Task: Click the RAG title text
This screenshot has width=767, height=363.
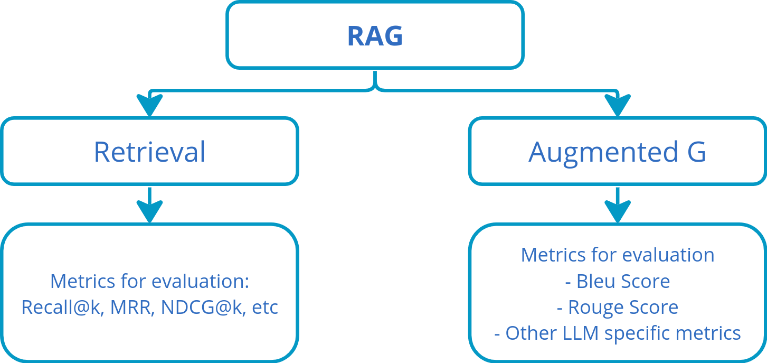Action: pos(375,36)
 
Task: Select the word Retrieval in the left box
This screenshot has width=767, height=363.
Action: pos(149,152)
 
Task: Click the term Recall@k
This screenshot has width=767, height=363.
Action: pos(59,307)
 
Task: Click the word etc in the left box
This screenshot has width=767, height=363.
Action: pos(265,307)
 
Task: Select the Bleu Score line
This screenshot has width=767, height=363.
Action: pos(617,281)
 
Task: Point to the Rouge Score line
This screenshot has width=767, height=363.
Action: pos(617,307)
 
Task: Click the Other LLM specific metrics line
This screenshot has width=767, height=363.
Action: pos(617,333)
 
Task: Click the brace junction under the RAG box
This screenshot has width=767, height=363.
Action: pos(375,85)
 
